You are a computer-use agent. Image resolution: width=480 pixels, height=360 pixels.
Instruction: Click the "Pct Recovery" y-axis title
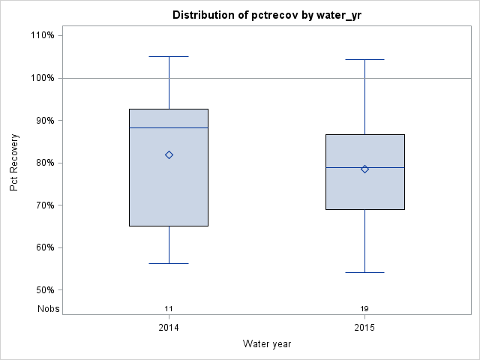coord(14,163)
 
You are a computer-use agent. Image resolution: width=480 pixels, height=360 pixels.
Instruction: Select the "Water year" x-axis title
coord(267,343)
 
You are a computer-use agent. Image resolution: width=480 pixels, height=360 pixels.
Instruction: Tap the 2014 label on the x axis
coord(169,328)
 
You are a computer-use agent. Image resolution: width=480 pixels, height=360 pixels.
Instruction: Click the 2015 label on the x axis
coord(364,328)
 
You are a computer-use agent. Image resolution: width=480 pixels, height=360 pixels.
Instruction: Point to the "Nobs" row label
coord(49,309)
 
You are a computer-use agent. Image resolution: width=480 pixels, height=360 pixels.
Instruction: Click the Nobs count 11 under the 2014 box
coord(169,309)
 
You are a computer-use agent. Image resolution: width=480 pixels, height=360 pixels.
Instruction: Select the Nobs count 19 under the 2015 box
coord(364,309)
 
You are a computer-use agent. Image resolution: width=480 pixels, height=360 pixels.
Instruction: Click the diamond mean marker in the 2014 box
coord(169,155)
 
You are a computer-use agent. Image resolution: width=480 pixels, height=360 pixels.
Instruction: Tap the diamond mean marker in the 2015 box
coord(364,169)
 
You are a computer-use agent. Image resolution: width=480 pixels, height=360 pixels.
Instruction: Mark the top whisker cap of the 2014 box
coord(169,56)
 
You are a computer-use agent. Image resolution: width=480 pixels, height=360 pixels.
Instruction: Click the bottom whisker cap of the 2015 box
coord(364,272)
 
